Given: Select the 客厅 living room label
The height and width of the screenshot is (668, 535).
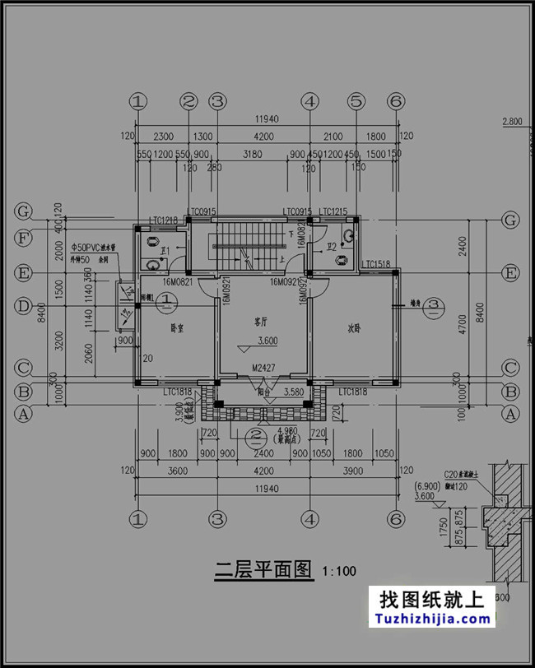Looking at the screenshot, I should (x=262, y=322).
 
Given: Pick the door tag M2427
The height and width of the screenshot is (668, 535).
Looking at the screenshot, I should (x=263, y=368).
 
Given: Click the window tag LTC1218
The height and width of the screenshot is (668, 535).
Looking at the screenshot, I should (x=164, y=220).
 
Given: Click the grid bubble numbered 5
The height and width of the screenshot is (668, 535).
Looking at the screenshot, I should (x=356, y=101).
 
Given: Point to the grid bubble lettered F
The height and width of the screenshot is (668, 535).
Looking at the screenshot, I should (x=24, y=242).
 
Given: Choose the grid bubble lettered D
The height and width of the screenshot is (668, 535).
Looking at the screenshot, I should (x=24, y=305).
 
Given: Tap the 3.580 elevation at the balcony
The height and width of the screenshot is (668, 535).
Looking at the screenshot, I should (x=295, y=393).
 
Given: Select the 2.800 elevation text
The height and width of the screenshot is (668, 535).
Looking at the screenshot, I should (x=512, y=123).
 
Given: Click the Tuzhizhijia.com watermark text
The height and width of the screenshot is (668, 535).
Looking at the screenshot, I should (x=431, y=619).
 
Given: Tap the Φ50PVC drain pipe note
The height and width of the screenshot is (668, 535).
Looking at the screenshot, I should (x=95, y=247).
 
